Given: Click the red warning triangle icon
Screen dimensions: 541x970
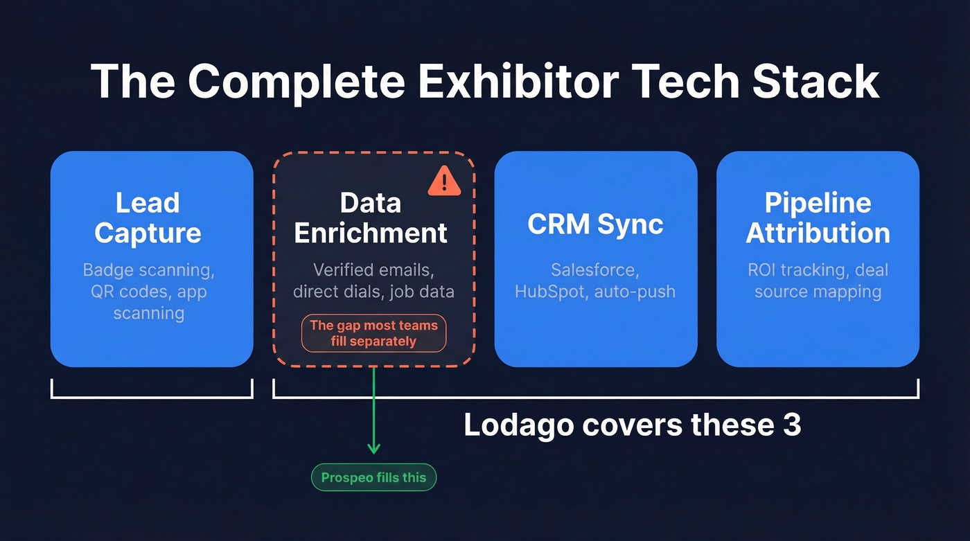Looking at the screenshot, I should (x=444, y=181).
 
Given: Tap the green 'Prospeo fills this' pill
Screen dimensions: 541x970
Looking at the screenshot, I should (x=373, y=477).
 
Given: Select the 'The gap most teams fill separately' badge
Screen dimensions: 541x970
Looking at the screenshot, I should (x=373, y=333).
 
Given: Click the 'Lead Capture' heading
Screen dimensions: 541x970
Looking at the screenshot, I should (x=148, y=218).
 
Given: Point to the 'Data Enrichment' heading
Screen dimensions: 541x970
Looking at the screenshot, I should (x=371, y=218).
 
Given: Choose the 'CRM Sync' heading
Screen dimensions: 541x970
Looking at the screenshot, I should (x=595, y=224).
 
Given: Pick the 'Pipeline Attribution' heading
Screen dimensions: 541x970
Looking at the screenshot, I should (x=818, y=218).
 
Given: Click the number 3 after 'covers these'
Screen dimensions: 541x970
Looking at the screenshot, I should (x=792, y=424).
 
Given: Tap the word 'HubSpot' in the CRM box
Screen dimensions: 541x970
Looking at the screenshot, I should (x=551, y=291).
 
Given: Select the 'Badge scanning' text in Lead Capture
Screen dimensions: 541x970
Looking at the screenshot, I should (x=148, y=269).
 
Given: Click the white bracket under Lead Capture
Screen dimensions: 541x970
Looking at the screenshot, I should (x=152, y=397).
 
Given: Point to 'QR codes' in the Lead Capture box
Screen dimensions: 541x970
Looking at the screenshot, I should (x=122, y=291).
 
